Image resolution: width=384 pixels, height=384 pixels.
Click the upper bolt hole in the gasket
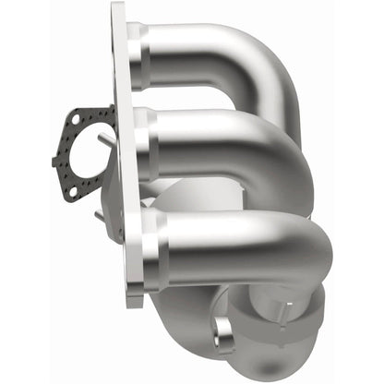click(x=74, y=119)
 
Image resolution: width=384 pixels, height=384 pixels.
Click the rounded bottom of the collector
click(x=291, y=355)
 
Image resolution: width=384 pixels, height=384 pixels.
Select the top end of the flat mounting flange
click(x=117, y=14)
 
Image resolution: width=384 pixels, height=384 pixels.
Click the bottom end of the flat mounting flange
click(x=136, y=295)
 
